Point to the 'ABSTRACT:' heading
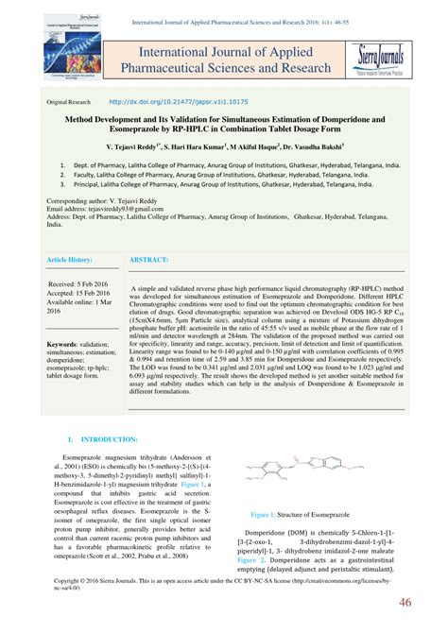[x=150, y=258]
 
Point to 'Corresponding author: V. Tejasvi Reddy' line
[x=117, y=201]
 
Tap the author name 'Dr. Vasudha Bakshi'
[x=342, y=149]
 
